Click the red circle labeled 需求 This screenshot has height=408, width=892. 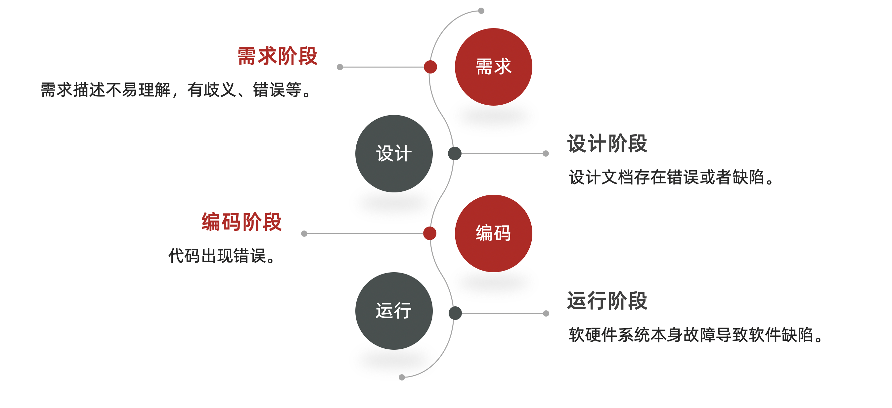point(493,67)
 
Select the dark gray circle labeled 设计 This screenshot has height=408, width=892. point(394,154)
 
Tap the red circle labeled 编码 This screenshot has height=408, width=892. point(493,233)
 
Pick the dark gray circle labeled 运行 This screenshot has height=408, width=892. point(394,311)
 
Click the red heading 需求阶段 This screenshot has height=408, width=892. point(277,56)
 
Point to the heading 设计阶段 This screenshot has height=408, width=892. point(607,143)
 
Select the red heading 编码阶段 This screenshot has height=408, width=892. point(241,222)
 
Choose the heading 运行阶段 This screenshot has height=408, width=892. point(607,301)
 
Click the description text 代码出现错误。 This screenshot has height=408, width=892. point(222,256)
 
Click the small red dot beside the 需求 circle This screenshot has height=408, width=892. point(430,67)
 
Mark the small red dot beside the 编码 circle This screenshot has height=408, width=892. point(430,233)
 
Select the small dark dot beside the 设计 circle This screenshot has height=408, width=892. point(455,154)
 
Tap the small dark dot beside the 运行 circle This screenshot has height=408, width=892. point(455,313)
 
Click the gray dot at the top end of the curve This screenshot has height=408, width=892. point(481,11)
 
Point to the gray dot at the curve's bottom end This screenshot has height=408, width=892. point(402,377)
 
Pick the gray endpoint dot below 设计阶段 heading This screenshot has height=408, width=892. point(546,154)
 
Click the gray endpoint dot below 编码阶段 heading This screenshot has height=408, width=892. point(304,233)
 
